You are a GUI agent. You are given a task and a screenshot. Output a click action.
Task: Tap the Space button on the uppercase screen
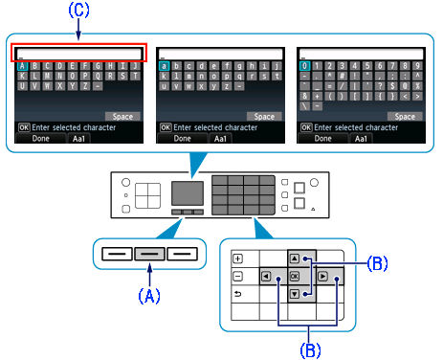pos(122,115)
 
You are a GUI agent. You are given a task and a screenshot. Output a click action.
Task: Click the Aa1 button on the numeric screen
pos(363,138)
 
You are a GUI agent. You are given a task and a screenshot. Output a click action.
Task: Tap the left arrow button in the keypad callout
pos(265,277)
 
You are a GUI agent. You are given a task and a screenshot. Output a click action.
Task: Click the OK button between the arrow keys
pos(293,277)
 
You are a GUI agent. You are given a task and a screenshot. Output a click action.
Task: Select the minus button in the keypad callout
pos(238,277)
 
